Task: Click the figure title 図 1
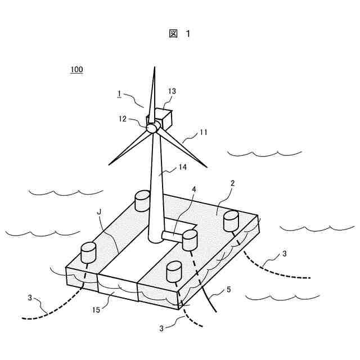point(179,34)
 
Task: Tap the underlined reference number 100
point(76,70)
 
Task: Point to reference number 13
point(172,91)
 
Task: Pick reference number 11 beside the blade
point(203,133)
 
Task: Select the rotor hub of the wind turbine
point(152,128)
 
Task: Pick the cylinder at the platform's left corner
point(89,252)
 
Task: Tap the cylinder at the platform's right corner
point(232,220)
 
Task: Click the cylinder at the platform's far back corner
point(142,200)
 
